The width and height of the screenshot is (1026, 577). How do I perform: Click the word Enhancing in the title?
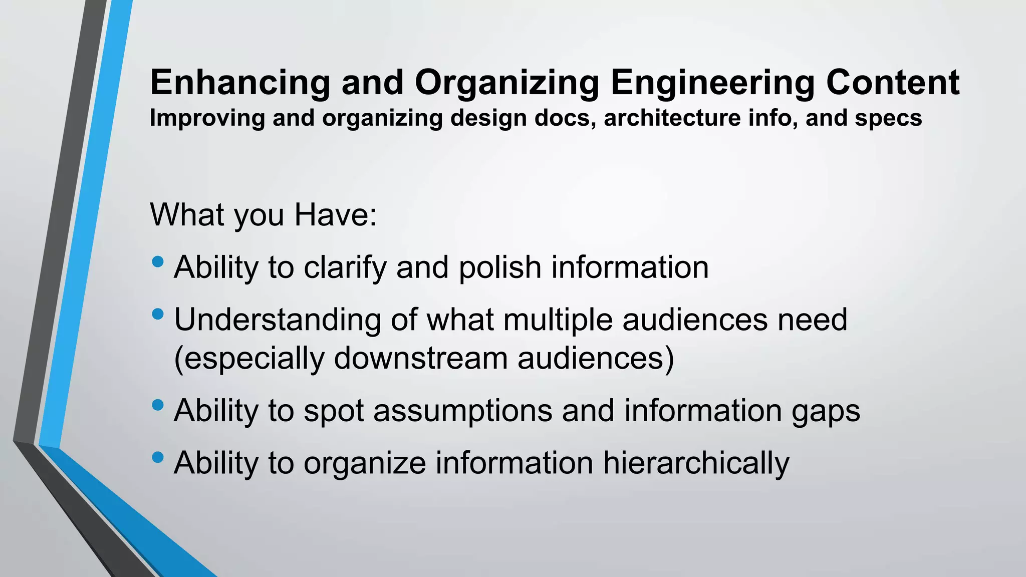(x=240, y=83)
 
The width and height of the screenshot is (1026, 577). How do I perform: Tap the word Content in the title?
(x=892, y=83)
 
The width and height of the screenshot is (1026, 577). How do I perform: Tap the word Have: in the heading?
(x=335, y=215)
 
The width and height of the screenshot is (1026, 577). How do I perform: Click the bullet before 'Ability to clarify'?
(x=157, y=262)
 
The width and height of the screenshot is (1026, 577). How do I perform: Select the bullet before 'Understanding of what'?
(x=157, y=315)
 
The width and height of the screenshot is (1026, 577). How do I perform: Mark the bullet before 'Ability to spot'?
(x=157, y=405)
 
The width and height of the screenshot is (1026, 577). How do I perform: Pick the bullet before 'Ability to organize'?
(x=157, y=457)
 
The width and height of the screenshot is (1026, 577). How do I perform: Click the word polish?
(x=499, y=267)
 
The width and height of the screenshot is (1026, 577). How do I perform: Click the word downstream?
(x=420, y=359)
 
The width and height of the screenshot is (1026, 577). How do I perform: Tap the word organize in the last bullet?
(x=365, y=464)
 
